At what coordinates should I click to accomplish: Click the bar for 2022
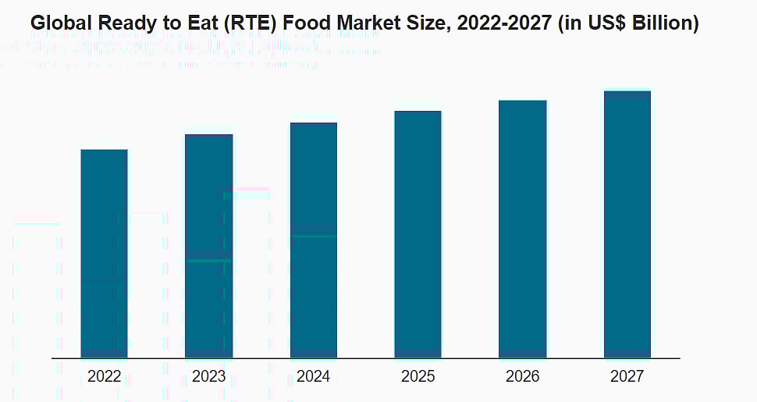click(104, 254)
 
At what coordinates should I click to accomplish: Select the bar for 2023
click(208, 246)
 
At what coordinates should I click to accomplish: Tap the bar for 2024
click(313, 240)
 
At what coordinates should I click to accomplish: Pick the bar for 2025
click(418, 234)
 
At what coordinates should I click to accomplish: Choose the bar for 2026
click(522, 229)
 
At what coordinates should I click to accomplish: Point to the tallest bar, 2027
click(627, 224)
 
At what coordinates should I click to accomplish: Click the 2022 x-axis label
click(104, 377)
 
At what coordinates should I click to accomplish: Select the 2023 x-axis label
click(208, 377)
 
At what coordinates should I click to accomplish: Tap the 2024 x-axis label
click(313, 377)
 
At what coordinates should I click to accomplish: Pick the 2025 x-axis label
click(418, 377)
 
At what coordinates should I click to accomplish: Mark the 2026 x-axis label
click(522, 377)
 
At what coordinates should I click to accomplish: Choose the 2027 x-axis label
click(627, 377)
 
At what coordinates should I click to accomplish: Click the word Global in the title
click(56, 24)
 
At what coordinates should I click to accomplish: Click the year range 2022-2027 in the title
click(497, 24)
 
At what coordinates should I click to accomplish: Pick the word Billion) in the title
click(667, 24)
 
